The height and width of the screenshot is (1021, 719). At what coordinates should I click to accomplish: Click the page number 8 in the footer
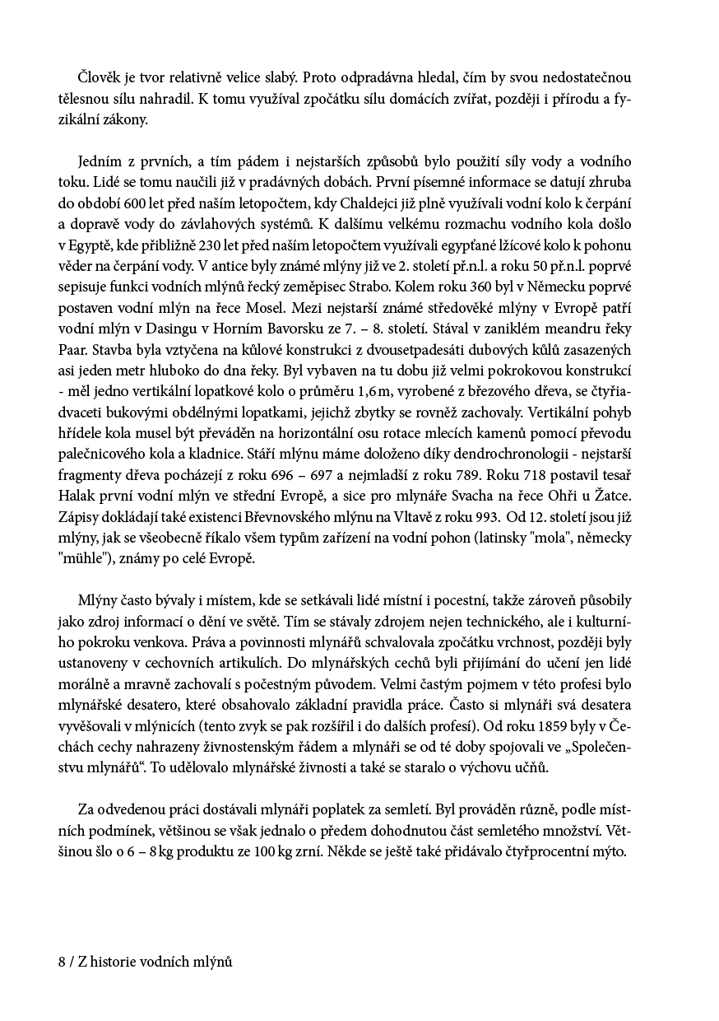click(x=62, y=962)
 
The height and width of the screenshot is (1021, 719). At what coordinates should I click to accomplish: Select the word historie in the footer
click(x=114, y=962)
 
